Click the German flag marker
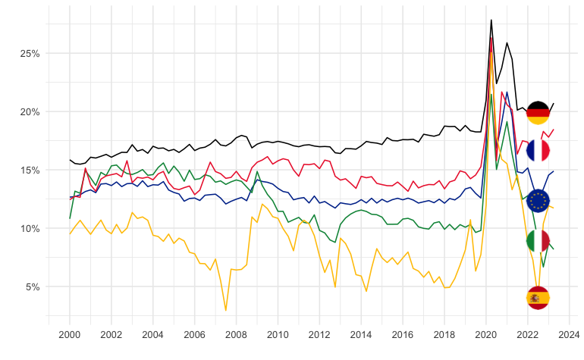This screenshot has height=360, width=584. click(538, 112)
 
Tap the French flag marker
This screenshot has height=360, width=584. click(538, 151)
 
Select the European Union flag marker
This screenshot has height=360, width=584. click(538, 201)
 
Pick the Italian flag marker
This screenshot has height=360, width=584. click(538, 241)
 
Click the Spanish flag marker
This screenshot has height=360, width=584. click(538, 299)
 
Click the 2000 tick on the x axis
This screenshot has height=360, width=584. click(70, 333)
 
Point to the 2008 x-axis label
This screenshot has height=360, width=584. click(236, 333)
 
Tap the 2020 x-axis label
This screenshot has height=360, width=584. click(485, 333)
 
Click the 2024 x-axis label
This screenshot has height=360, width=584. click(568, 333)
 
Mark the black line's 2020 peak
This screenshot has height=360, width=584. click(491, 20)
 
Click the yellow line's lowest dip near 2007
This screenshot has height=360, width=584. click(226, 310)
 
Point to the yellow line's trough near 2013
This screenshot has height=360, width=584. click(335, 287)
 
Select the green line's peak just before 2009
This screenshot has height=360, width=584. click(258, 172)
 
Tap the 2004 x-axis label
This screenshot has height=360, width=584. click(152, 333)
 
